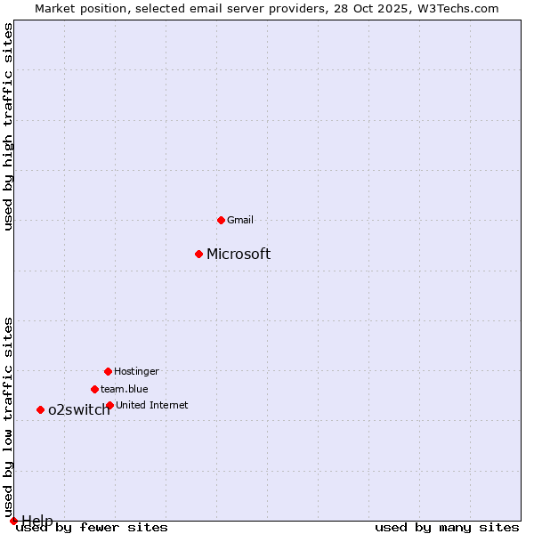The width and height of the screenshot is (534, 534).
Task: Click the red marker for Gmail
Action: tap(221, 220)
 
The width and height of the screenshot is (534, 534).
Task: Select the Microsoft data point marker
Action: tap(198, 254)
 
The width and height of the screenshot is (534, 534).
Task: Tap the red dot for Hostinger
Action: tap(108, 371)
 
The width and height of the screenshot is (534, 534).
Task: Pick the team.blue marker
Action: tap(94, 389)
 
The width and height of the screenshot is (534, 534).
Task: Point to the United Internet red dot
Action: tap(109, 405)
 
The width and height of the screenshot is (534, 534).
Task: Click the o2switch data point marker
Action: tap(40, 409)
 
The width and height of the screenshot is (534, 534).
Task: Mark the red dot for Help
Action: tap(13, 521)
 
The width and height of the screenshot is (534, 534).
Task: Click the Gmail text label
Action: tap(240, 220)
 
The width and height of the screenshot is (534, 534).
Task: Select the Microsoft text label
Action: tap(239, 255)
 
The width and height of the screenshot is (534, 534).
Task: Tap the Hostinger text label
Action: tap(136, 371)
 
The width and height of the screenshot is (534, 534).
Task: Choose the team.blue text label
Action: tap(125, 389)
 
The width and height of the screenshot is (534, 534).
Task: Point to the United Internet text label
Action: tap(152, 405)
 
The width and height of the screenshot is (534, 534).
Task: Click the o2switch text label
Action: tap(79, 410)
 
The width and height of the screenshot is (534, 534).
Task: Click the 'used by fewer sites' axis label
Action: tap(92, 527)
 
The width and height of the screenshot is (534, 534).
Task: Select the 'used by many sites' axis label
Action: tap(447, 527)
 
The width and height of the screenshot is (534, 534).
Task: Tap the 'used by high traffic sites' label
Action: tap(9, 127)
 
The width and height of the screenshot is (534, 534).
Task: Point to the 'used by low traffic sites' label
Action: tap(9, 417)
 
